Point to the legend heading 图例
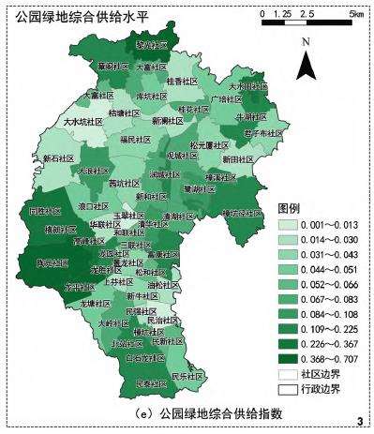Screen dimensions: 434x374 point(289,207)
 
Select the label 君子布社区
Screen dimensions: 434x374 point(262,133)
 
